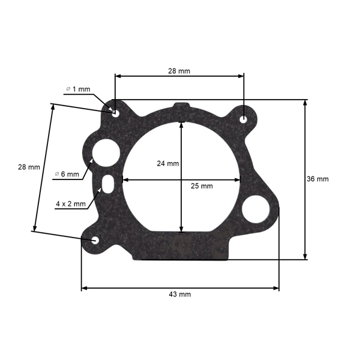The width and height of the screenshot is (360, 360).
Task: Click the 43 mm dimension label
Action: [x=180, y=295]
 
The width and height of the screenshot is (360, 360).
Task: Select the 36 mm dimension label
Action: [x=318, y=179]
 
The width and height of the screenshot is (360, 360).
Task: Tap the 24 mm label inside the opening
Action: [x=168, y=163]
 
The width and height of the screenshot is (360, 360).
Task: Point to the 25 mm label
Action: [x=202, y=186]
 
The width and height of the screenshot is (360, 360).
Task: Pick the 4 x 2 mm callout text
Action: [x=71, y=203]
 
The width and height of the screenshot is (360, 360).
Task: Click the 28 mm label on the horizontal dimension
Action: [x=179, y=71]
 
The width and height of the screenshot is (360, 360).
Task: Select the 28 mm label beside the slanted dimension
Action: [x=29, y=167]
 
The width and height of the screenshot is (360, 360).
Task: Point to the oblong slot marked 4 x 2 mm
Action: [x=108, y=183]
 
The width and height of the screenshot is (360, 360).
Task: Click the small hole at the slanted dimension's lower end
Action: [x=96, y=240]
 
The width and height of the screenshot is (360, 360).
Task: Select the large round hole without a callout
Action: [x=256, y=208]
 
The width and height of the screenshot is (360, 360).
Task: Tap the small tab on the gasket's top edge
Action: [x=181, y=106]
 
